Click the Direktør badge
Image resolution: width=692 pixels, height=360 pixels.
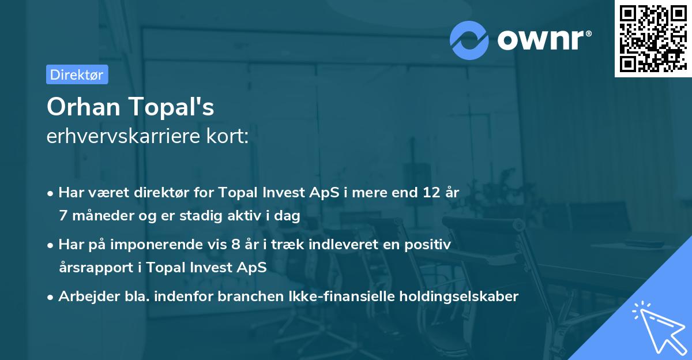click(x=77, y=74)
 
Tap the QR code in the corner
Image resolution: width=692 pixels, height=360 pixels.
click(x=652, y=38)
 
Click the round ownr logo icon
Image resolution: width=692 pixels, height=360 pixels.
click(x=469, y=40)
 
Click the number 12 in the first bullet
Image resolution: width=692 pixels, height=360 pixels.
click(x=428, y=193)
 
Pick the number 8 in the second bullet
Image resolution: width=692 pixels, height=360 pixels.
click(x=235, y=245)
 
